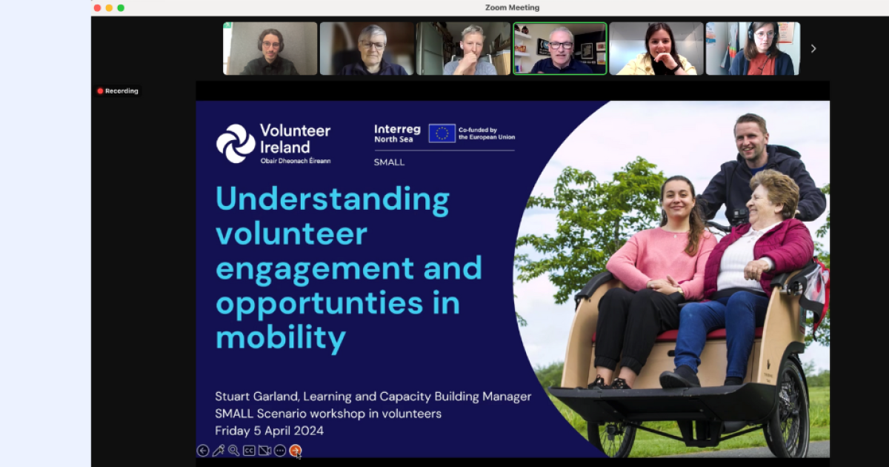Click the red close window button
(97, 8)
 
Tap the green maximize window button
(121, 8)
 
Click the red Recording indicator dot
(101, 91)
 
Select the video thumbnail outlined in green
(560, 48)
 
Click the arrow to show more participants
(813, 48)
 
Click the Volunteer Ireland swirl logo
(236, 143)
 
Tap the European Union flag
(442, 133)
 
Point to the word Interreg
(397, 129)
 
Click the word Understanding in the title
(333, 199)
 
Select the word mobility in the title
(281, 337)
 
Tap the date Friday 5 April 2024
(270, 431)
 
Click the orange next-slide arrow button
(296, 451)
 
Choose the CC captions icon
(249, 451)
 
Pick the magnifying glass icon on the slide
(234, 451)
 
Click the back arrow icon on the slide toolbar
(203, 451)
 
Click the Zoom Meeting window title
(512, 7)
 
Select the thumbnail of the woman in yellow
(656, 48)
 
